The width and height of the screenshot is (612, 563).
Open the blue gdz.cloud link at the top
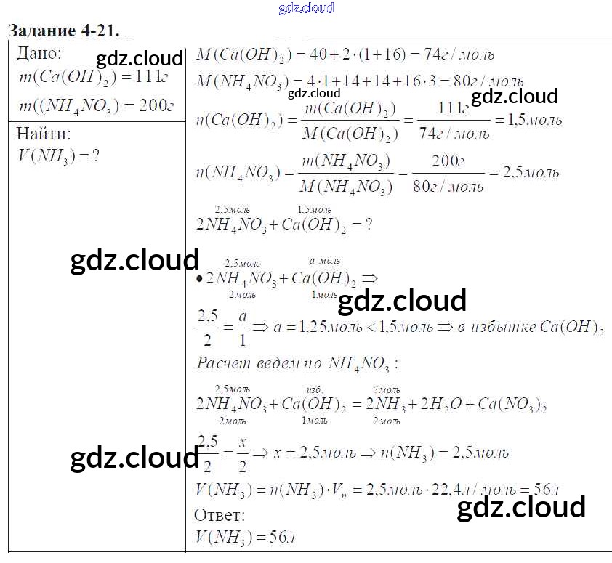tap(306, 8)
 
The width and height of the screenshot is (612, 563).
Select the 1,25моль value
tap(326, 328)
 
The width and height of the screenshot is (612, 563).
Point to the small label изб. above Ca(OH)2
tap(314, 389)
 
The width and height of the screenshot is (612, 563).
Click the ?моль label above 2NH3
tap(386, 389)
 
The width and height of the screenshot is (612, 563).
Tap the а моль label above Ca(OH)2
tap(324, 261)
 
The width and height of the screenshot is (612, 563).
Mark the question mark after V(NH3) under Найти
tap(94, 155)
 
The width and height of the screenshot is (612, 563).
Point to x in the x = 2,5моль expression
tap(277, 453)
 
